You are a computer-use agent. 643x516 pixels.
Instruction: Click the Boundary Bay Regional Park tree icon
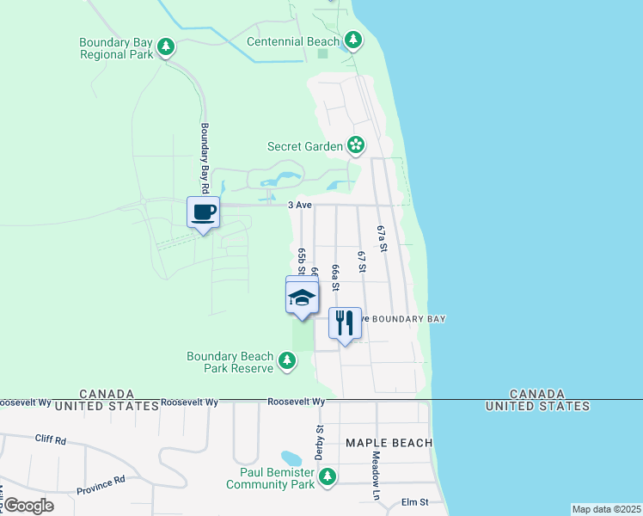click(166, 47)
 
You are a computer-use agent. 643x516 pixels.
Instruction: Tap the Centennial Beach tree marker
click(352, 40)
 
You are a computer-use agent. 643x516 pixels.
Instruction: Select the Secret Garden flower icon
click(355, 146)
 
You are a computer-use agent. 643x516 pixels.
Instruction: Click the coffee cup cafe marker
click(204, 212)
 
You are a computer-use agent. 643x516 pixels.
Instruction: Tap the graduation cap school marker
click(302, 298)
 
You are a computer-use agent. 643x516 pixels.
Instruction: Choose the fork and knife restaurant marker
click(345, 323)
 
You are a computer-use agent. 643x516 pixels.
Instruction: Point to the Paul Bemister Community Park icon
click(327, 478)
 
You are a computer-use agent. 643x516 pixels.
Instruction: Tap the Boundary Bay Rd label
click(205, 157)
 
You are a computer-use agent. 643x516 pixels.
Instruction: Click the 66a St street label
click(335, 278)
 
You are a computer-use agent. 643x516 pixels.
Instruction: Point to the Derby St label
click(319, 441)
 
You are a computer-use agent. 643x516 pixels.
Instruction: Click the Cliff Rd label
click(51, 439)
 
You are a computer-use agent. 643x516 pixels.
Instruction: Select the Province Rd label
click(100, 486)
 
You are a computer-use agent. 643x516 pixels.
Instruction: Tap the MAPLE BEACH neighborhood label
click(389, 443)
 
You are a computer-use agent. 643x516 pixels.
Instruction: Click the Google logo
click(28, 506)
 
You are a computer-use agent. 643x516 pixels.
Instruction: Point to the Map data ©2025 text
click(607, 509)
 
